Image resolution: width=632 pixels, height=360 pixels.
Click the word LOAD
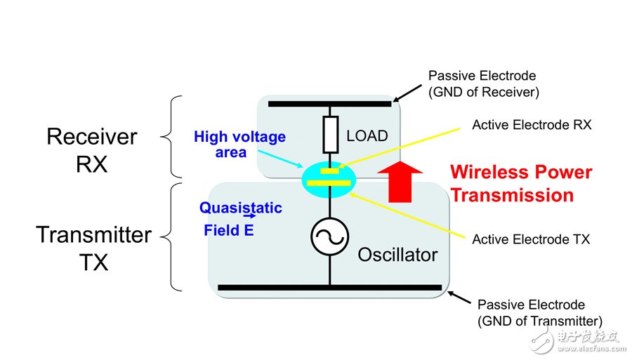(367, 135)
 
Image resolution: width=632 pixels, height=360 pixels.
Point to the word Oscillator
(397, 254)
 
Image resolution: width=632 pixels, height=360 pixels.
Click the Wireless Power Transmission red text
(521, 183)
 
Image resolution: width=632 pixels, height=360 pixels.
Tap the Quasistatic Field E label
(239, 218)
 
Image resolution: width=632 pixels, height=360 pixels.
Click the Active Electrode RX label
(532, 125)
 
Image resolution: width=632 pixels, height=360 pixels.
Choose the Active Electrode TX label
(530, 239)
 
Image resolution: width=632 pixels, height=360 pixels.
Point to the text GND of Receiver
(483, 92)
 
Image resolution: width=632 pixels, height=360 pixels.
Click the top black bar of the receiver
(329, 104)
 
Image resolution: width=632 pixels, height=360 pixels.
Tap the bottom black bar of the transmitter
(329, 287)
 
